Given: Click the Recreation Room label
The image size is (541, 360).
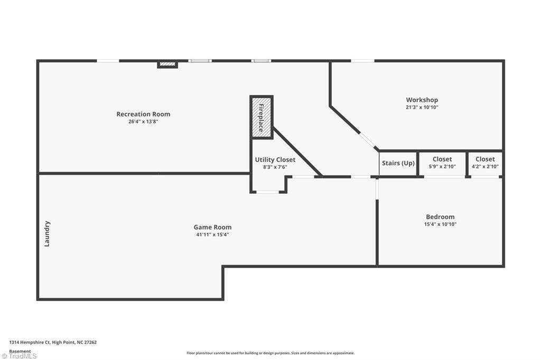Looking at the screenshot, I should [x=143, y=114].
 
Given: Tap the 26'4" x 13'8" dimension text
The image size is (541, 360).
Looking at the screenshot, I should [x=143, y=121].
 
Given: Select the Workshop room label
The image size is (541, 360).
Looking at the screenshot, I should [x=422, y=100].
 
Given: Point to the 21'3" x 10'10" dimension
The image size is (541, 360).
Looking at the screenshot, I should [x=422, y=107].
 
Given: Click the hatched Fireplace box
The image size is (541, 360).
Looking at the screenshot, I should [x=262, y=117].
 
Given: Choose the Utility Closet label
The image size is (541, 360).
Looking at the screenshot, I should [x=275, y=159].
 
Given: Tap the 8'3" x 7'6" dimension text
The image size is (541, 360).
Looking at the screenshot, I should [x=275, y=167].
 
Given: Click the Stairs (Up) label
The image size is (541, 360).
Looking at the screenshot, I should [x=398, y=163].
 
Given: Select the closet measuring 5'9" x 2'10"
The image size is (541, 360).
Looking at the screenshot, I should [x=442, y=163].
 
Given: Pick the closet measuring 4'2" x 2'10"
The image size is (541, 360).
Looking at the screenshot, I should [x=485, y=163].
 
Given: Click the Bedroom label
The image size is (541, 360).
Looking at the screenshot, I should [x=440, y=217].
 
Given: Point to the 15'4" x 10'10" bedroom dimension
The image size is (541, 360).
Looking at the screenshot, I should [x=440, y=224].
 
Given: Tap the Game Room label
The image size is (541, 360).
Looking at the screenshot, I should [x=212, y=228].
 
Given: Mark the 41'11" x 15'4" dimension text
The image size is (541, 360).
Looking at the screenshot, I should [x=212, y=235].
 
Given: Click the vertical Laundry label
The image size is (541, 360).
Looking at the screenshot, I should [x=47, y=234].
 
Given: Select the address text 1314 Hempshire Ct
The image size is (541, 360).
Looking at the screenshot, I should [x=53, y=342].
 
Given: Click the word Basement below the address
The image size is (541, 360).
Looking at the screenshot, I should [x=20, y=350].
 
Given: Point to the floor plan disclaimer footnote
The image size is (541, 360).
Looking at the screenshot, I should [x=270, y=353].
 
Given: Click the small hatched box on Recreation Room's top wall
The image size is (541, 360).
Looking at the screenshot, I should [x=167, y=64].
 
